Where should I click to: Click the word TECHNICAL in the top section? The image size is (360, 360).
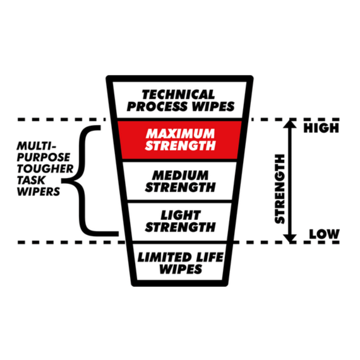[x=178, y=95]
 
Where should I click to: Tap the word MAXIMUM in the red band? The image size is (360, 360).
[x=180, y=134]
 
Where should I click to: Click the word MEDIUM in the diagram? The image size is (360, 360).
[x=180, y=175]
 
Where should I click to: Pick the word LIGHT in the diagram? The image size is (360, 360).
[x=180, y=215]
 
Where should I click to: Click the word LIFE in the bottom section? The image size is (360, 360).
[x=209, y=257]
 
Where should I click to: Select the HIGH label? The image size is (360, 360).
[x=321, y=128]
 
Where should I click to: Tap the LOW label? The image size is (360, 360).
[x=324, y=234]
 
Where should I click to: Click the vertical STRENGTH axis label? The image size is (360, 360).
[x=280, y=189]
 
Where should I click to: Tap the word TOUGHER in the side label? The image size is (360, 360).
[x=45, y=169]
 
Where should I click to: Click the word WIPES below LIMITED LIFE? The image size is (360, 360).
[x=180, y=269]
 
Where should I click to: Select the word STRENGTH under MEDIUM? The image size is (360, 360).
[x=180, y=187]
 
